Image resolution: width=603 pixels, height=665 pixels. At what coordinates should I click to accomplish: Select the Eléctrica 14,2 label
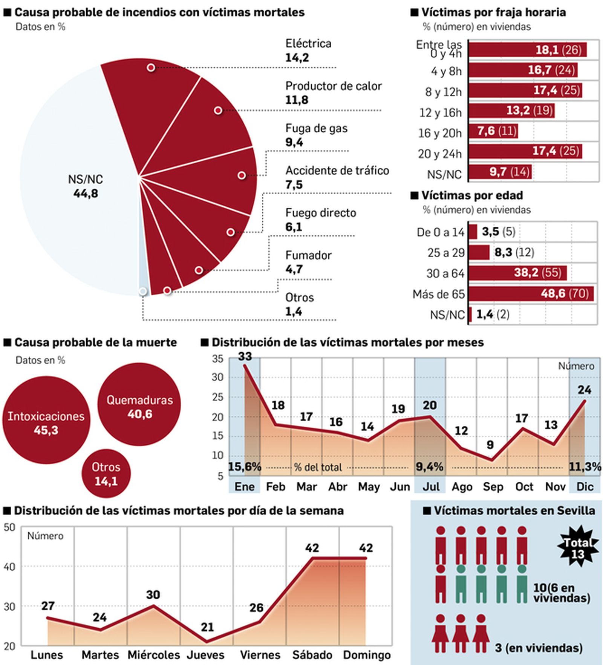(308, 51)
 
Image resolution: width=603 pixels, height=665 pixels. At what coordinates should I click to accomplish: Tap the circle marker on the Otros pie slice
(142, 291)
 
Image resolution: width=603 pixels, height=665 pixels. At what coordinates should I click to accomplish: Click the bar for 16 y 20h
(493, 131)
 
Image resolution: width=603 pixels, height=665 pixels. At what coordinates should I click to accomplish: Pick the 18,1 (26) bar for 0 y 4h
(527, 50)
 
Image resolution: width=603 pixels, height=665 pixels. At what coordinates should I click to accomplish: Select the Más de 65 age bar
(531, 293)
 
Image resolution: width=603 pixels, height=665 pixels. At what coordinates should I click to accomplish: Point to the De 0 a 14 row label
(440, 232)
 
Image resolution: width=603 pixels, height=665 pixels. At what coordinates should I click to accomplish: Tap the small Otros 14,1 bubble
(106, 474)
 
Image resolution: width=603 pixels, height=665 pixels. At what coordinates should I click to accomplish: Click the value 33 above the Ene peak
(245, 356)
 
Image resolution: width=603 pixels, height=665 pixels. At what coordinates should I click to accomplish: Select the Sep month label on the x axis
(493, 487)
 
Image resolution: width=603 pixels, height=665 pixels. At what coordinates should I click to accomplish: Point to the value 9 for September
(490, 445)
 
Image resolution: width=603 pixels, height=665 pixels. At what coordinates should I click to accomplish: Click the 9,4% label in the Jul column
(429, 467)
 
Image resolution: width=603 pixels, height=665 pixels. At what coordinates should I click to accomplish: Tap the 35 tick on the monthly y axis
(217, 359)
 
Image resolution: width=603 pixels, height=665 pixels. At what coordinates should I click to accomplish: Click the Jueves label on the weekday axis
(206, 654)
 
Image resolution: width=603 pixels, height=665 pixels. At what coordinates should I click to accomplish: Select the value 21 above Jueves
(207, 627)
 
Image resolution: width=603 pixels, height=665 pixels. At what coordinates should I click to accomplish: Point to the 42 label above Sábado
(312, 548)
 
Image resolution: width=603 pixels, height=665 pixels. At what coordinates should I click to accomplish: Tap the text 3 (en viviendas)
(539, 648)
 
